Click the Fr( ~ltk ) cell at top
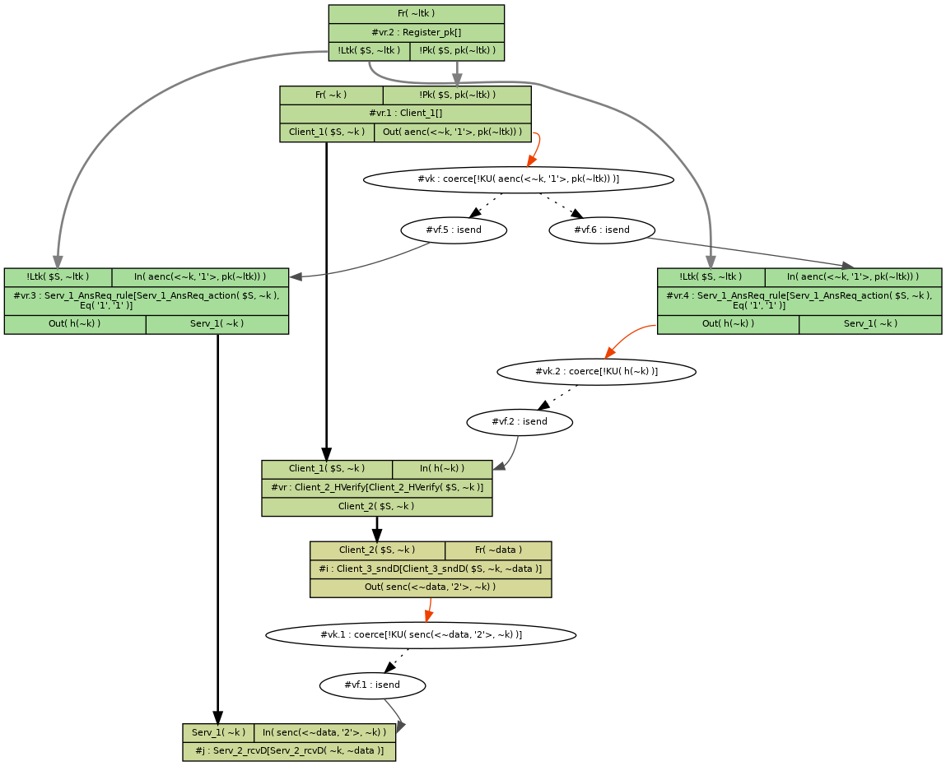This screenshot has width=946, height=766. (x=416, y=14)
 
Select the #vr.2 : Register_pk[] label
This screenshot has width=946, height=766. (x=416, y=32)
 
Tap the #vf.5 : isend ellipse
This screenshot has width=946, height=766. (x=454, y=230)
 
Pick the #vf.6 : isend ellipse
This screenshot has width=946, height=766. (x=602, y=230)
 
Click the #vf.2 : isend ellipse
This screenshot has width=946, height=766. (x=519, y=422)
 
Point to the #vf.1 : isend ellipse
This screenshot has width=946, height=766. (x=372, y=685)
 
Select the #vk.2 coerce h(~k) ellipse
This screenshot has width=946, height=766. (x=596, y=372)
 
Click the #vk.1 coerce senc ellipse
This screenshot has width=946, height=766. (x=421, y=635)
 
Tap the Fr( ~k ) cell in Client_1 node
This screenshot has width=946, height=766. (x=331, y=95)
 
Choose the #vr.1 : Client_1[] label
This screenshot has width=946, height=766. (x=405, y=114)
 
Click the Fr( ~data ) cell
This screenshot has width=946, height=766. (x=498, y=550)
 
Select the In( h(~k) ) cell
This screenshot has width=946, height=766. (x=442, y=469)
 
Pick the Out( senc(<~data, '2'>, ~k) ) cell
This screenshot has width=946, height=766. (x=430, y=587)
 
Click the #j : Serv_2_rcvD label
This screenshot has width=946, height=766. (x=289, y=751)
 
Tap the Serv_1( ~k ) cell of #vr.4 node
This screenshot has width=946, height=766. (x=869, y=324)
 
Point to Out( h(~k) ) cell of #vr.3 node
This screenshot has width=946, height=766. (x=75, y=324)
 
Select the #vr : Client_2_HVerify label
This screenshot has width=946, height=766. (x=376, y=488)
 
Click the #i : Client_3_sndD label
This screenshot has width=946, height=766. (x=430, y=569)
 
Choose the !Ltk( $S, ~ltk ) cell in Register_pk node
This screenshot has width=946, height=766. (x=369, y=51)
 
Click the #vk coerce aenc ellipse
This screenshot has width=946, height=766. (x=518, y=179)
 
